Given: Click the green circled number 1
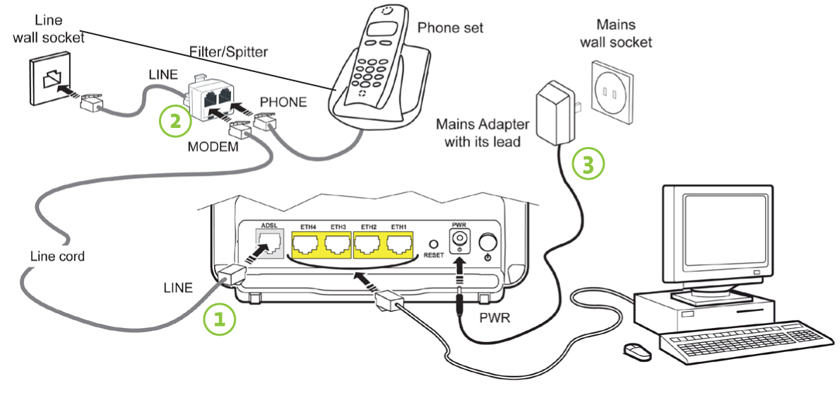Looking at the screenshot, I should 220,319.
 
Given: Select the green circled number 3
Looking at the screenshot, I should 588,163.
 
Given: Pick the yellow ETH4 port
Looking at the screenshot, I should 308,245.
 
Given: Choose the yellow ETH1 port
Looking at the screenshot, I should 401,245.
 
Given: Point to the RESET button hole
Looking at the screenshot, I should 434,243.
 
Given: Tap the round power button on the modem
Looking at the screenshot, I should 487,242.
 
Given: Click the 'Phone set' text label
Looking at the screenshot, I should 450,28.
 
